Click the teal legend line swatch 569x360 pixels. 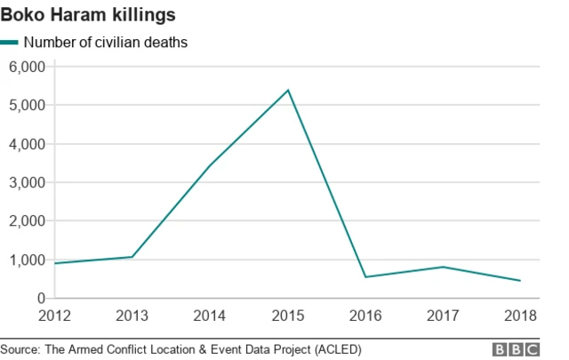click(10, 42)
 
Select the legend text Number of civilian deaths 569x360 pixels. click(105, 42)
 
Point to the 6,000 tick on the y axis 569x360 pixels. click(27, 67)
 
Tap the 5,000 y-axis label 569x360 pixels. click(27, 105)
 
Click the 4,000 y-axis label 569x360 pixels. click(27, 144)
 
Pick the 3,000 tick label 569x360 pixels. click(27, 182)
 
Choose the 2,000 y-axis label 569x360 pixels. click(27, 221)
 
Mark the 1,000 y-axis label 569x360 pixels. click(27, 260)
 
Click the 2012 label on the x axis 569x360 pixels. click(54, 315)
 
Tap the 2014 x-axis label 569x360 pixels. click(210, 315)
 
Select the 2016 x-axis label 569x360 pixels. click(365, 315)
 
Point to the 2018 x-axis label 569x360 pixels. click(521, 315)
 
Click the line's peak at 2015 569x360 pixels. click(288, 90)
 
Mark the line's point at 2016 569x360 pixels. click(365, 277)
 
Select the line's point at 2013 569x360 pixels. click(132, 257)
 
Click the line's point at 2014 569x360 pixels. click(210, 165)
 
